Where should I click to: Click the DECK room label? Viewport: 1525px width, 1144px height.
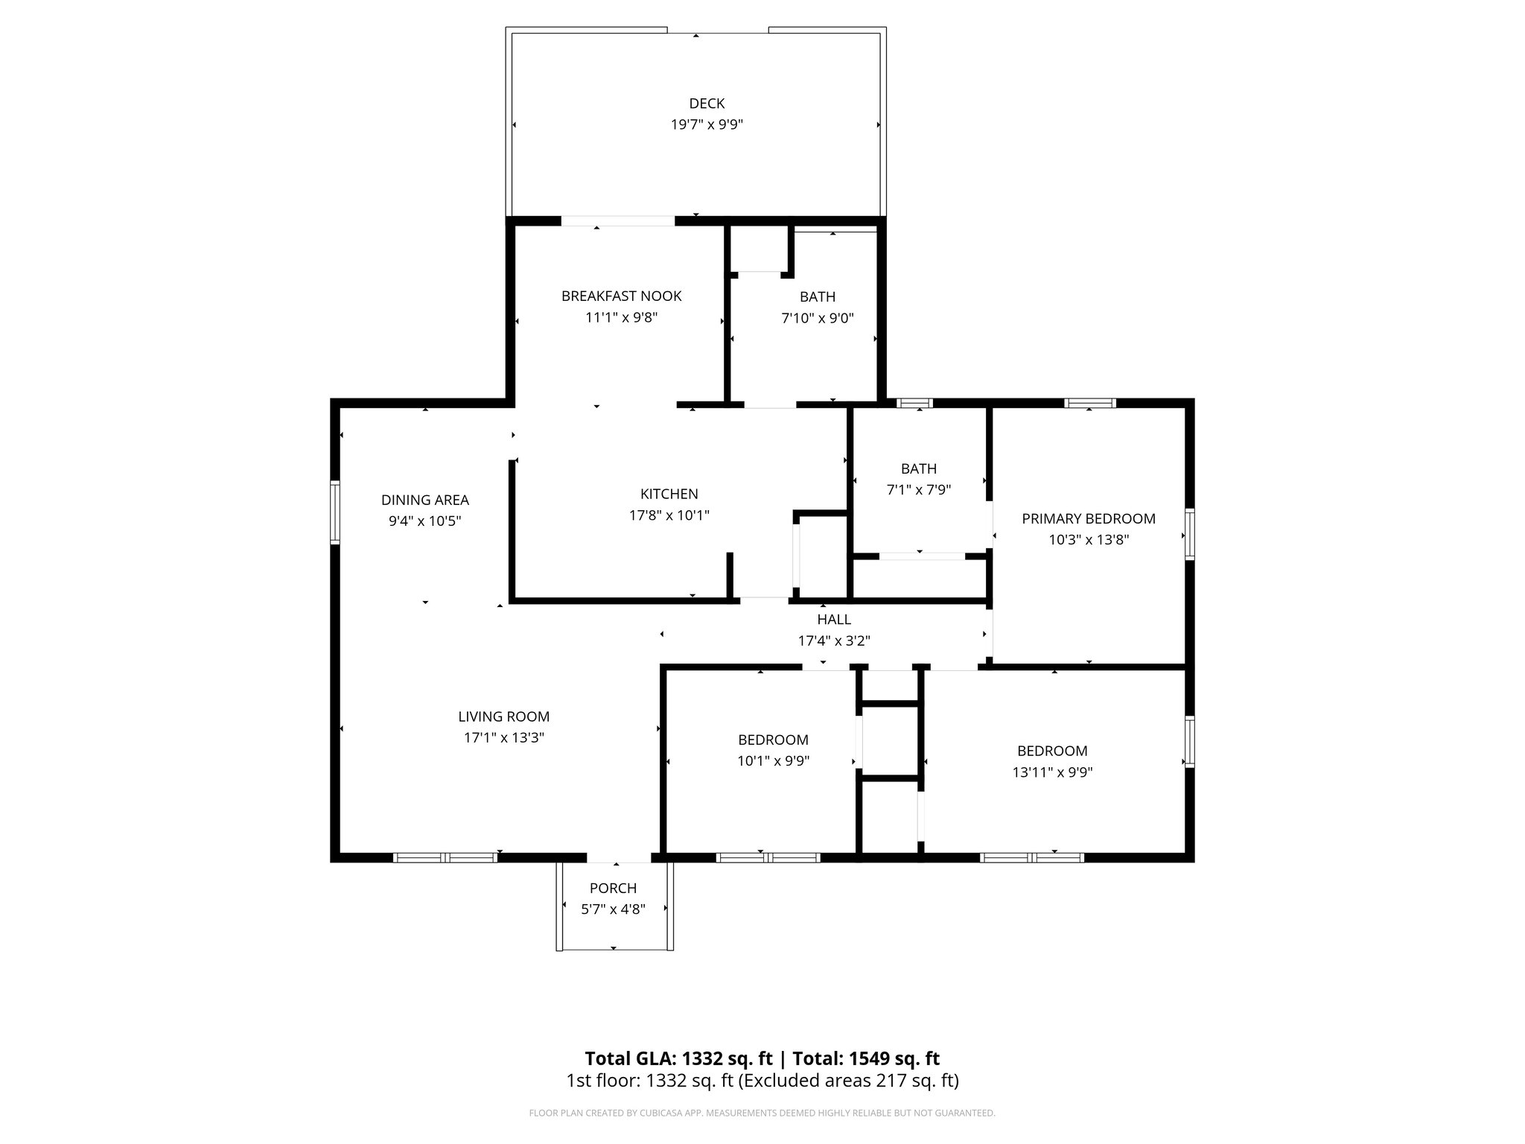coord(706,104)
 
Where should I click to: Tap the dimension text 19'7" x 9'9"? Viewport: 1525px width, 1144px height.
coord(706,124)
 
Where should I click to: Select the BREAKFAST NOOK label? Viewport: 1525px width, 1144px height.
coord(621,296)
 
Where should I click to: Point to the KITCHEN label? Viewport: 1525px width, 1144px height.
coord(669,494)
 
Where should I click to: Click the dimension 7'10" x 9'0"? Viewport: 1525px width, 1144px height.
coord(817,318)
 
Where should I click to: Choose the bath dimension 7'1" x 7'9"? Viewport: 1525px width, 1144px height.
coord(918,489)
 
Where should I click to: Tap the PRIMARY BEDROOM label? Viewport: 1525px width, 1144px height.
coord(1088,518)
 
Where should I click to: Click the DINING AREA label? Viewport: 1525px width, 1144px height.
coord(424,500)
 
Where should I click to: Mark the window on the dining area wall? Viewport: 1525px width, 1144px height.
coord(336,512)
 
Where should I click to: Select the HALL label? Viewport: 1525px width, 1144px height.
coord(833,619)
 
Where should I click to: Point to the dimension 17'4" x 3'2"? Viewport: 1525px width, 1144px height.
coord(833,641)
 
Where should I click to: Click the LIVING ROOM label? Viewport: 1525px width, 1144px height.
coord(503,716)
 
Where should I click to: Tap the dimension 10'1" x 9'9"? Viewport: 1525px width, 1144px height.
coord(773,760)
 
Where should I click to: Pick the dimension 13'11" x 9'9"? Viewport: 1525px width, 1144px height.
coord(1051,772)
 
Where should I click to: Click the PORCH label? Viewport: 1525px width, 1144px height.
coord(613,888)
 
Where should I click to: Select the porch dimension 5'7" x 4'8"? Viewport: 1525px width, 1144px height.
coord(613,909)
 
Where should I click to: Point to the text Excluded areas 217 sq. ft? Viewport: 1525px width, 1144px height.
coord(848,1081)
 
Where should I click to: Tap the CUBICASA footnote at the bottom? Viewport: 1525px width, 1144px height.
coord(761,1113)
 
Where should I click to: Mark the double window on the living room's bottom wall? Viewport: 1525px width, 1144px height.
coord(445,857)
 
